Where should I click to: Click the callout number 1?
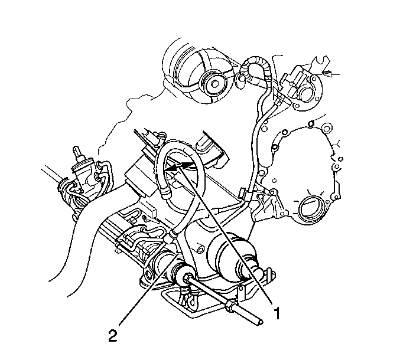[x=277, y=313]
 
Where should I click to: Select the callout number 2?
[x=112, y=336]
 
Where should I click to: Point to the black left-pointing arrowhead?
[x=171, y=168]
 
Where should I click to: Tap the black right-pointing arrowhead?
[x=187, y=165]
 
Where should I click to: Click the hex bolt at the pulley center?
[x=216, y=84]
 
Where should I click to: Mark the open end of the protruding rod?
[x=260, y=323]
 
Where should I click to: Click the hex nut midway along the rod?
[x=229, y=306]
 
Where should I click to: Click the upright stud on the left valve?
[x=76, y=152]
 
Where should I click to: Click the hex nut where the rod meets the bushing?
[x=187, y=278]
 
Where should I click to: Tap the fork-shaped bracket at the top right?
[x=321, y=63]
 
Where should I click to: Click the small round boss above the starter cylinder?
[x=201, y=248]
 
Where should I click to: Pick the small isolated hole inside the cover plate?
[x=274, y=181]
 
